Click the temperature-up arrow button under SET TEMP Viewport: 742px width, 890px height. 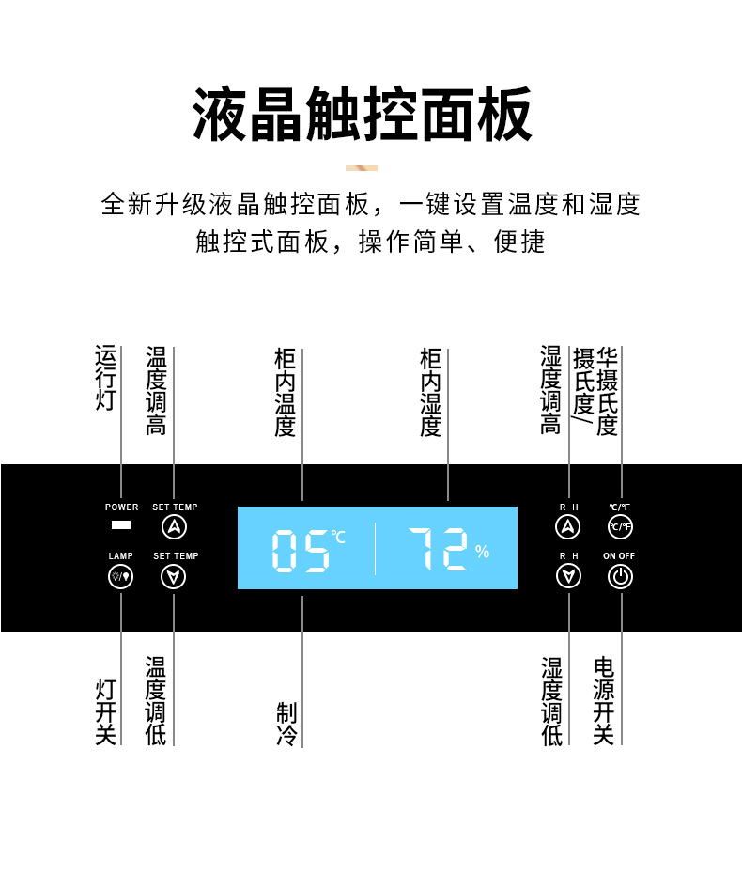176,526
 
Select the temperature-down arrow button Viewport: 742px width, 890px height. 176,576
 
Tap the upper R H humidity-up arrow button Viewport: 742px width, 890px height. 568,526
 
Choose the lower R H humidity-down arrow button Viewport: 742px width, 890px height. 568,576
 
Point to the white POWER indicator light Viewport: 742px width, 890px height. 121,525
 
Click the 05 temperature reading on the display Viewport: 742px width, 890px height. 301,551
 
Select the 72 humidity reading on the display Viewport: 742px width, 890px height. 438,550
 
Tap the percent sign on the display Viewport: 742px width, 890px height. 482,552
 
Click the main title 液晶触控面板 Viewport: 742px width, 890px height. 363,115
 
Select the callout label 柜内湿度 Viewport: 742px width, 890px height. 431,393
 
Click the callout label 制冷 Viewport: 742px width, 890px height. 286,725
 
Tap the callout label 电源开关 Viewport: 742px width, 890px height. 604,701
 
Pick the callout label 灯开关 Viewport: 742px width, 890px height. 106,712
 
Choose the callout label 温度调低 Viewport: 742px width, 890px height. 156,701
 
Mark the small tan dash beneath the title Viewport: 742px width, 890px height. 362,168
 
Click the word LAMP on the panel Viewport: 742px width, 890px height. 121,556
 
